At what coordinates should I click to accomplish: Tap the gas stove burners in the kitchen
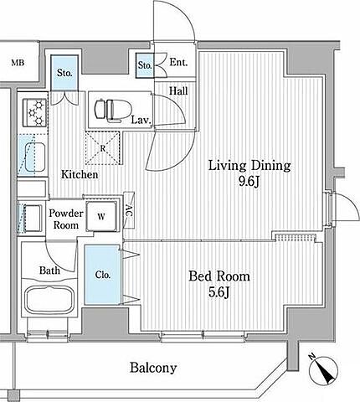[x=36, y=112]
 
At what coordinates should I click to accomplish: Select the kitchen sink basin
[x=35, y=157]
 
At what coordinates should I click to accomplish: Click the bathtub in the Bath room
[x=49, y=301]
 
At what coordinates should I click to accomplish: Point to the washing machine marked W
[x=101, y=216]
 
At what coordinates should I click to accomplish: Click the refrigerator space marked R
[x=103, y=148]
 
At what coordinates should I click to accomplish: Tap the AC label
[x=129, y=210]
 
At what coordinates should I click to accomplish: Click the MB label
[x=18, y=63]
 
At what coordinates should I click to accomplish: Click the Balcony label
[x=153, y=368]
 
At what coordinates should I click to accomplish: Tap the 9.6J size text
[x=249, y=183]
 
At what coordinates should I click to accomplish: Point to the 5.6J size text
[x=219, y=292]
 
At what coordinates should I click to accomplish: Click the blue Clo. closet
[x=102, y=275]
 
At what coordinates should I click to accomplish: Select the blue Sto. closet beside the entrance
[x=145, y=65]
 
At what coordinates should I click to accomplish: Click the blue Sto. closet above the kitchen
[x=64, y=73]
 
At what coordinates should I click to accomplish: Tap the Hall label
[x=178, y=91]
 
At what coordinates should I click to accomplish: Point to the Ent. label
[x=178, y=62]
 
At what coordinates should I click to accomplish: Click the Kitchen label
[x=80, y=175]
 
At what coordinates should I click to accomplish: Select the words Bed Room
[x=219, y=276]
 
